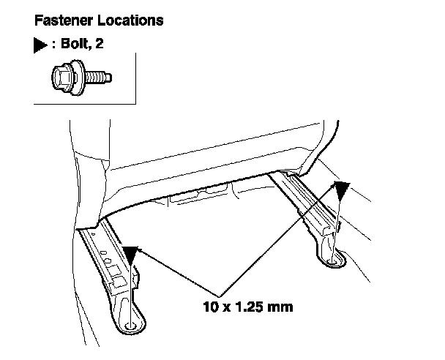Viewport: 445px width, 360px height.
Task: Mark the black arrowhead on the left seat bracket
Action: (130, 255)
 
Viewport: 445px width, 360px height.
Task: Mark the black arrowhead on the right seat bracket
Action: (340, 191)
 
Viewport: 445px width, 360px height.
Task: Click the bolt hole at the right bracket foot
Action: (336, 258)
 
